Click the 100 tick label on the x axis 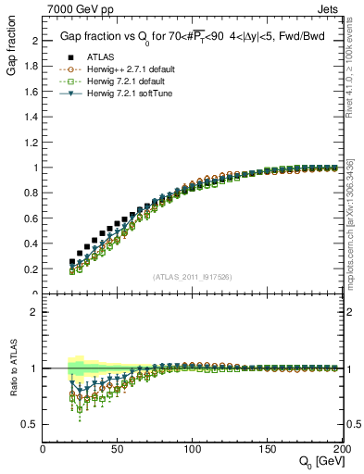click(192, 449)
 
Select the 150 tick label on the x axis click(266, 449)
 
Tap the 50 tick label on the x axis click(118, 449)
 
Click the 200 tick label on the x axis click(338, 449)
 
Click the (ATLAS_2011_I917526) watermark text click(192, 277)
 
